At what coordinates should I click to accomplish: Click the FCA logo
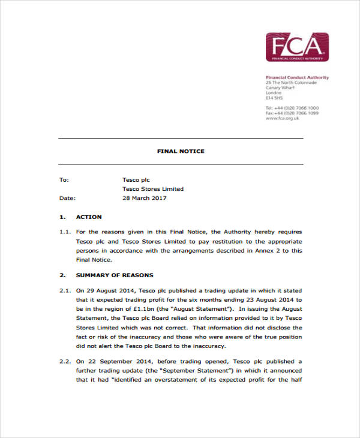(297, 47)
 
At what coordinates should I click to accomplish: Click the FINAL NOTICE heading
(181, 151)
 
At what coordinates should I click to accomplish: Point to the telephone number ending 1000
(292, 108)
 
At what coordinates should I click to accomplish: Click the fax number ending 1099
(292, 113)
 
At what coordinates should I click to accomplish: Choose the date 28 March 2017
(145, 198)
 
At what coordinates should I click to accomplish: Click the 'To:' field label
(64, 179)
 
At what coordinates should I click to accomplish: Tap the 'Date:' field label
(67, 198)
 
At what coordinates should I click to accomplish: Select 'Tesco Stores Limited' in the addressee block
(153, 189)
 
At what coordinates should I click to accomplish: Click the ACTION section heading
(89, 217)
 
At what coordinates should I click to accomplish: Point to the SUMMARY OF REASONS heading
(115, 275)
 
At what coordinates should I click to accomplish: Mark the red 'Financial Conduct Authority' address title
(297, 78)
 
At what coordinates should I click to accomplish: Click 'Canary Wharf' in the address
(281, 88)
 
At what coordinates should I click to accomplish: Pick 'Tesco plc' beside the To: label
(136, 179)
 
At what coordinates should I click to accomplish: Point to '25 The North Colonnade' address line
(291, 83)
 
